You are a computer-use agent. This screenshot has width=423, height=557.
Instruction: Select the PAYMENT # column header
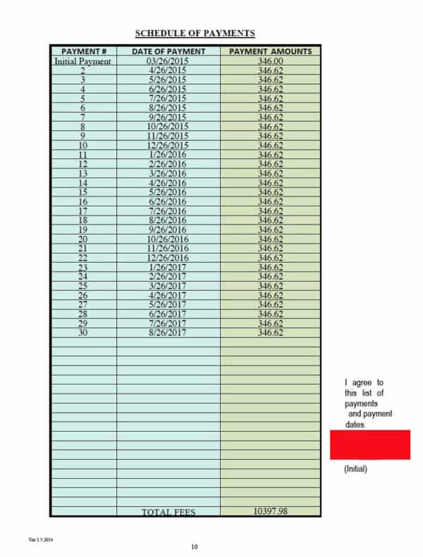point(84,51)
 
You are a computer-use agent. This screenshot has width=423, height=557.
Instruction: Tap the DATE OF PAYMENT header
point(168,51)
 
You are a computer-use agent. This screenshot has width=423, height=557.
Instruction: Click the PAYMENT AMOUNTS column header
point(271,51)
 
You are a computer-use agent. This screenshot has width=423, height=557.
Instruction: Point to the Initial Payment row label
point(83,61)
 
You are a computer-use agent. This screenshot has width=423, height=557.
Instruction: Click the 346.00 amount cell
point(271,61)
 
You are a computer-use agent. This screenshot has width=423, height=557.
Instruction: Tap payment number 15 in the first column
point(83,192)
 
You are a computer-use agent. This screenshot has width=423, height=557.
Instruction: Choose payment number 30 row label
point(83,332)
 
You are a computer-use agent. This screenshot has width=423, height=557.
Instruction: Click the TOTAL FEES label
point(168,512)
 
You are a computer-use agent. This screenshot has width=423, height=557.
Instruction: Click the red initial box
point(369,445)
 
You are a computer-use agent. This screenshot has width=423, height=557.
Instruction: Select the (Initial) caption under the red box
point(355,469)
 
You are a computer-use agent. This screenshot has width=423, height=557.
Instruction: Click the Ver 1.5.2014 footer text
point(41,539)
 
